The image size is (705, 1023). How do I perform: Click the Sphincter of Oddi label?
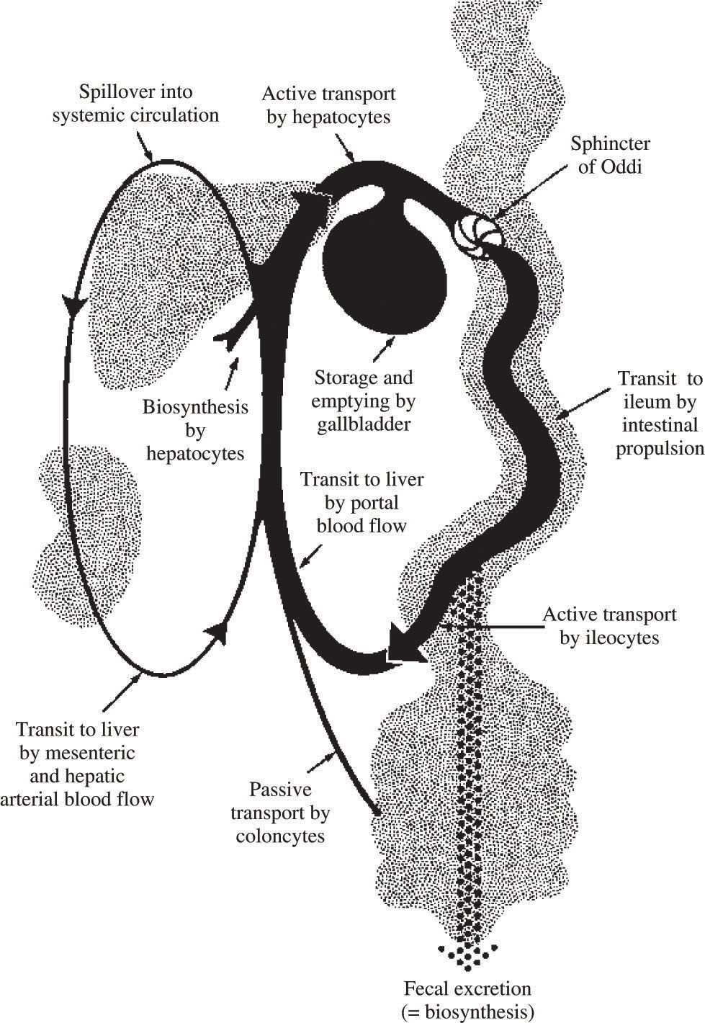click(x=610, y=154)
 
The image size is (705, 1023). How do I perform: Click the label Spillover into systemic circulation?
click(x=135, y=104)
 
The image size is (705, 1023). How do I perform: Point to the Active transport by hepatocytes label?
click(x=328, y=105)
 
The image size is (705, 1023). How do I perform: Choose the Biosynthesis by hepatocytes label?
click(x=195, y=430)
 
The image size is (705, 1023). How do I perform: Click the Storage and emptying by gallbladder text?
click(x=364, y=401)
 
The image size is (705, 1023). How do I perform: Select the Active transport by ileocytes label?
click(x=609, y=625)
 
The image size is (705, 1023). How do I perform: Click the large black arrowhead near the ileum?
click(x=403, y=643)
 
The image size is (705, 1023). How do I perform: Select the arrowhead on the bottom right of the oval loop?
click(x=218, y=632)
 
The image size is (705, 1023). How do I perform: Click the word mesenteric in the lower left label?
click(x=93, y=753)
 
